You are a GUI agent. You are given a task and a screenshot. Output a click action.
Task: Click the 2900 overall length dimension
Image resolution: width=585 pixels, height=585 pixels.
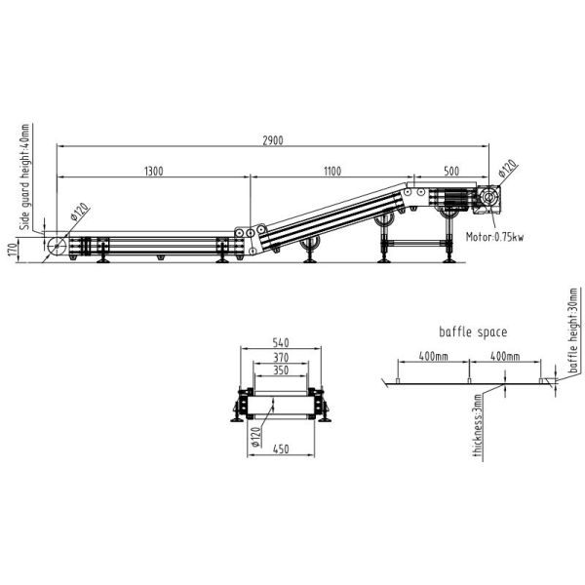point(273,140)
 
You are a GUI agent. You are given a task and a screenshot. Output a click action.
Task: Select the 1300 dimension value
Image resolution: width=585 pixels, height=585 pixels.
point(154,172)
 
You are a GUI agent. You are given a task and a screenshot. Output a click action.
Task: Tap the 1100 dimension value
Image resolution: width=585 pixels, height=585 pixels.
point(332,172)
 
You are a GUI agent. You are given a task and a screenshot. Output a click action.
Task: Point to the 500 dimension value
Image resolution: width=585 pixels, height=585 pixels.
point(451,172)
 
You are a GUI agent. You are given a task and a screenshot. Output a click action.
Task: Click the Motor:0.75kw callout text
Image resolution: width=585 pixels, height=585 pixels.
point(494,237)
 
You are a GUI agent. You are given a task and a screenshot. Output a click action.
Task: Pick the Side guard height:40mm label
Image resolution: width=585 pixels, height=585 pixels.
point(24,176)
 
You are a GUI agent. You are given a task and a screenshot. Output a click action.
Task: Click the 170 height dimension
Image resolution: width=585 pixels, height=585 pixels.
point(13,250)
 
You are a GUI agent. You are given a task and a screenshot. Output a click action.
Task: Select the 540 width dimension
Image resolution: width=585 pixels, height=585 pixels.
point(281,342)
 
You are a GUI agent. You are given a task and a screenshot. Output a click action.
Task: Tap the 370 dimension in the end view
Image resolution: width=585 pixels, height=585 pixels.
point(281,358)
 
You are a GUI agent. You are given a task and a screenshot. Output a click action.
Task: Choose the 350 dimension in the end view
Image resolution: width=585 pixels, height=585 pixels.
point(281,370)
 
